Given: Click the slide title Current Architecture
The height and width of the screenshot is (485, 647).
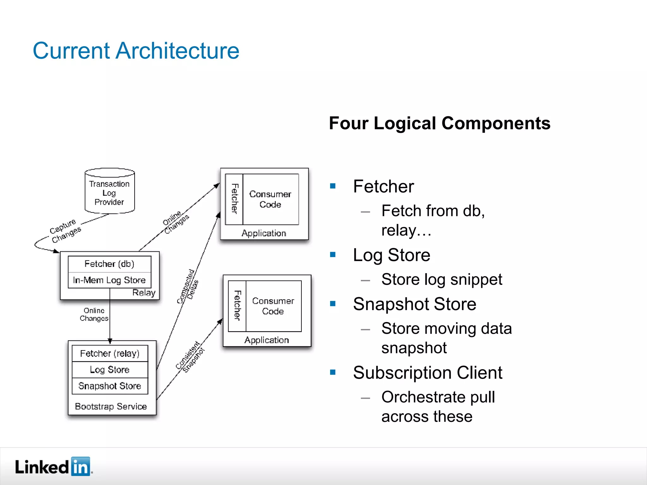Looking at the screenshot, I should (136, 51).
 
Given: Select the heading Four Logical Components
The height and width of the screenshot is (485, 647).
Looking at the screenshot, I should (439, 123).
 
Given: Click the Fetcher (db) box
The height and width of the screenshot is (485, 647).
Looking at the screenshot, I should (109, 264).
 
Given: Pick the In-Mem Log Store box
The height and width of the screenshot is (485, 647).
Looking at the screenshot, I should (109, 280).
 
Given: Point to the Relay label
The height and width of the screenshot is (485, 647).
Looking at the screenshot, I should (144, 293).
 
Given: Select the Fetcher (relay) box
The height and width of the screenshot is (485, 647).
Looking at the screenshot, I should (110, 353).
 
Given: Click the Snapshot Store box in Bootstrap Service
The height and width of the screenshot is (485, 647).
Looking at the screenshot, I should (110, 386).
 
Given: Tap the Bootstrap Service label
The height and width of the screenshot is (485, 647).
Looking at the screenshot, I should (111, 406).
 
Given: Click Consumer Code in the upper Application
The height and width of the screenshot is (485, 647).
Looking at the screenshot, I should (270, 199).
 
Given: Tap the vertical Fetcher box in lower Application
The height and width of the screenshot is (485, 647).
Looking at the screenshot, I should (237, 306).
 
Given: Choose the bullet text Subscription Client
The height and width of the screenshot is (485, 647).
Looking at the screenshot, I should (427, 373).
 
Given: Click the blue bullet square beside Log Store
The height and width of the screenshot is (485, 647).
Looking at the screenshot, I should (333, 254).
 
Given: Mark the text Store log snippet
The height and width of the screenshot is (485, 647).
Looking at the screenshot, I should (441, 279).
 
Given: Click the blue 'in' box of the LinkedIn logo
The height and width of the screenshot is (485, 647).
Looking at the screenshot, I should (81, 466).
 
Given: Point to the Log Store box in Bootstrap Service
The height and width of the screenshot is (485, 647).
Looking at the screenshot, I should (110, 370).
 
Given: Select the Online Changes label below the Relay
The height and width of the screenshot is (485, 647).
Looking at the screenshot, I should (94, 314).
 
